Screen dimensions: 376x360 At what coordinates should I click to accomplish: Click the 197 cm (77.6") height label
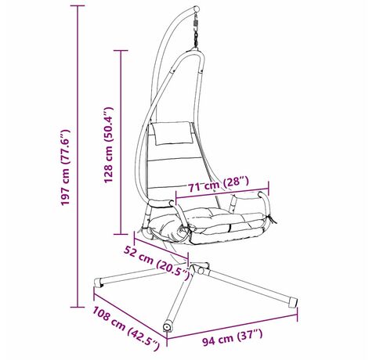[65, 167]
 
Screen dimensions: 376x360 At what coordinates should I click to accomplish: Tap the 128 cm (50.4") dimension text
[108, 145]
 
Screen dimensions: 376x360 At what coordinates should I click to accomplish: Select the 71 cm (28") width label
[219, 184]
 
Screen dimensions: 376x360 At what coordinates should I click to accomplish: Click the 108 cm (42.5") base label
[126, 327]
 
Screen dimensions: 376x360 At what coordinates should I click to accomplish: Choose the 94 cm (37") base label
[233, 337]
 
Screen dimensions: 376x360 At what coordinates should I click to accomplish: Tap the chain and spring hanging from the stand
[196, 31]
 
